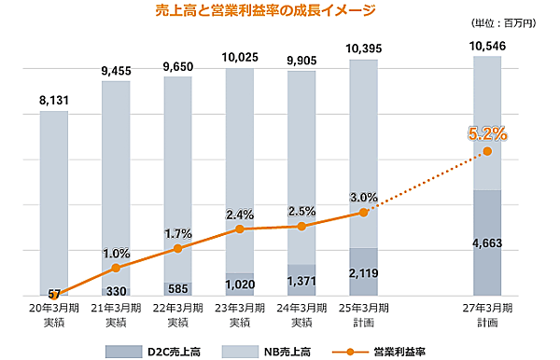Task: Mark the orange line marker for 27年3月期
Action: pyautogui.click(x=487, y=152)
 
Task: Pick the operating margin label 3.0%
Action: pyautogui.click(x=364, y=197)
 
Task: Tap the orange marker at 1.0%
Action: pyautogui.click(x=116, y=269)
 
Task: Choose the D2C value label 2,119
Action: pyautogui.click(x=364, y=272)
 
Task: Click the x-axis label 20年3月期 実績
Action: pyautogui.click(x=54, y=314)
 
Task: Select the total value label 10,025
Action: pyautogui.click(x=240, y=57)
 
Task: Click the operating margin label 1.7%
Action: pyautogui.click(x=177, y=232)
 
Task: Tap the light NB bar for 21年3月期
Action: pyautogui.click(x=116, y=177)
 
